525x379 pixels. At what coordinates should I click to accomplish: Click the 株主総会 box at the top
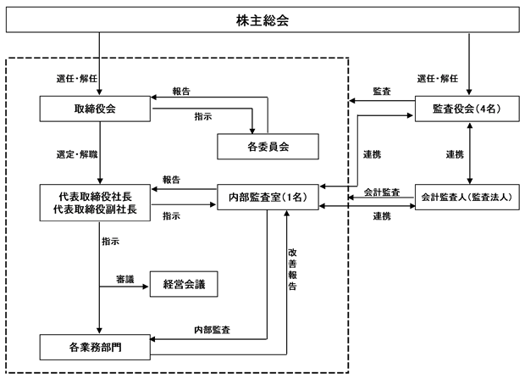pos(262,20)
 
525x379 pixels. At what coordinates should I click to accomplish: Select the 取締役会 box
pos(95,109)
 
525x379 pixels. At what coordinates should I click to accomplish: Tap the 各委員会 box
pos(268,147)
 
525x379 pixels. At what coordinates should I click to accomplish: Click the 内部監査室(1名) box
pos(268,197)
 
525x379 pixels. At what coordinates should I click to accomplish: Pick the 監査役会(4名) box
pos(467,109)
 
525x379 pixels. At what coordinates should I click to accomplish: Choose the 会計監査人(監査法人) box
pos(467,197)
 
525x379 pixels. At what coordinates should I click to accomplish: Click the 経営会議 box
pos(184,284)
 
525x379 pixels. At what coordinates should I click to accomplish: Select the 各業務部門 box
pos(95,347)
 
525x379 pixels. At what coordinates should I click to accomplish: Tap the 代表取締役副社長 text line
pos(95,209)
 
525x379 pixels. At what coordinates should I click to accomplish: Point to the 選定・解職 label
pos(77,154)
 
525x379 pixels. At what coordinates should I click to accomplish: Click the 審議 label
pos(124,279)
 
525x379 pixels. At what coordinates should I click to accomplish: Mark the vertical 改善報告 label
pos(292,269)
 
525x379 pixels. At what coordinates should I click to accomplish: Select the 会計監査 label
pos(382,192)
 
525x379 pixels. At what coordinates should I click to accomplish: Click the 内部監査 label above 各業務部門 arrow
pos(213,330)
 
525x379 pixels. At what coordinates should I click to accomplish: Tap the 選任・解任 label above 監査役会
pos(438,79)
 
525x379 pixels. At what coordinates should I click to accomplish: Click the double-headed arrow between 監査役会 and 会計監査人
pos(469,153)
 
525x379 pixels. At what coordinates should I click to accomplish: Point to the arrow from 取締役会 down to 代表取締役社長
pos(99,153)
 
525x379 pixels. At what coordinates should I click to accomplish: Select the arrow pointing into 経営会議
pos(124,287)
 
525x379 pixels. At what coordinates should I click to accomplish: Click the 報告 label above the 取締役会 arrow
pos(181,92)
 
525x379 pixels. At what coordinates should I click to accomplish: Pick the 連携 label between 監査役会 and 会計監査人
pos(455,154)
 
